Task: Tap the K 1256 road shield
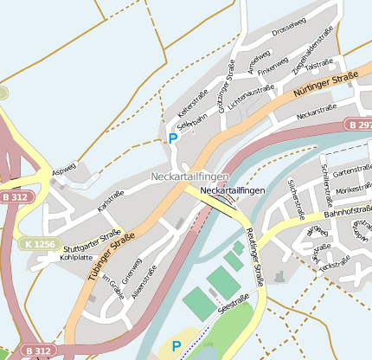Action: (40, 244)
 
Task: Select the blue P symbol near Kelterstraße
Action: (172, 138)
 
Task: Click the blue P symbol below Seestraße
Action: (176, 345)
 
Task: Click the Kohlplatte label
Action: (76, 257)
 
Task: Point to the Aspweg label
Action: (64, 169)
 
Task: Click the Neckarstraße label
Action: (316, 112)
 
